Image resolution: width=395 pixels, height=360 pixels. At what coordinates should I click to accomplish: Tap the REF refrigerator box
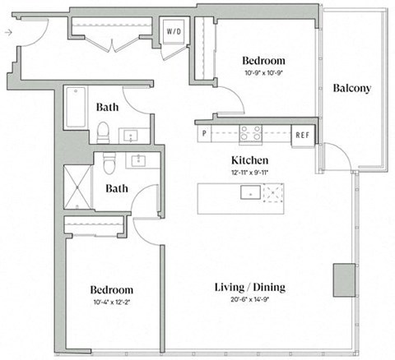tap(302, 134)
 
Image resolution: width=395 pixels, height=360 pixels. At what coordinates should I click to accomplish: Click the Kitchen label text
tap(251, 159)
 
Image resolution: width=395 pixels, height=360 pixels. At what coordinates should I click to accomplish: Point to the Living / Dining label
tap(249, 287)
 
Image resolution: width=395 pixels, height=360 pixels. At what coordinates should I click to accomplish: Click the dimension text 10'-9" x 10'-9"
tap(263, 74)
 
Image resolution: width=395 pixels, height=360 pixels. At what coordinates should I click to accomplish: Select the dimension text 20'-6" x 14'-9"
tap(249, 300)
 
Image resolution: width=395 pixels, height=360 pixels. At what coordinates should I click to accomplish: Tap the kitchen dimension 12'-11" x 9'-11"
tap(251, 171)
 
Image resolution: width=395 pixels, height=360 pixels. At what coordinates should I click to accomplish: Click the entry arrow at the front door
tap(7, 33)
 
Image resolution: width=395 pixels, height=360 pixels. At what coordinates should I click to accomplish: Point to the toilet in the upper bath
tap(103, 132)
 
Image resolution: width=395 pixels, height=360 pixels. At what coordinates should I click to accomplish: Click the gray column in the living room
tap(342, 280)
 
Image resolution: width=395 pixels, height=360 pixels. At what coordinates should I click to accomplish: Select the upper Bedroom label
tap(263, 61)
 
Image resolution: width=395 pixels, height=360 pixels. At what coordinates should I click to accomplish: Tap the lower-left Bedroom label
tap(111, 290)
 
